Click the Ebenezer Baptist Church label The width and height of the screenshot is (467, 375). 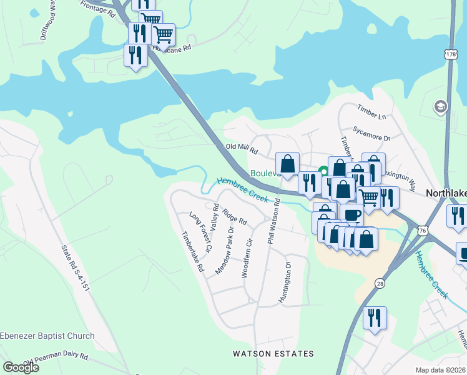[x=48, y=336]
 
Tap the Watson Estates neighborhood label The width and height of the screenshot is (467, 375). [x=273, y=354]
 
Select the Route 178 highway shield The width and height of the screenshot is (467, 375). [x=451, y=56]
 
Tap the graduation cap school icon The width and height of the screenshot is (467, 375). [x=441, y=106]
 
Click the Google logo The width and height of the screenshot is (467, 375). [x=21, y=367]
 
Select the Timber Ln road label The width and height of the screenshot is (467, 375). [x=372, y=112]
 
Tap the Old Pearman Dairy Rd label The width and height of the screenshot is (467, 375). [x=56, y=359]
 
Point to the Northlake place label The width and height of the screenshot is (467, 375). [x=446, y=194]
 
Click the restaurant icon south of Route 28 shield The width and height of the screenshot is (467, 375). [x=375, y=317]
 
